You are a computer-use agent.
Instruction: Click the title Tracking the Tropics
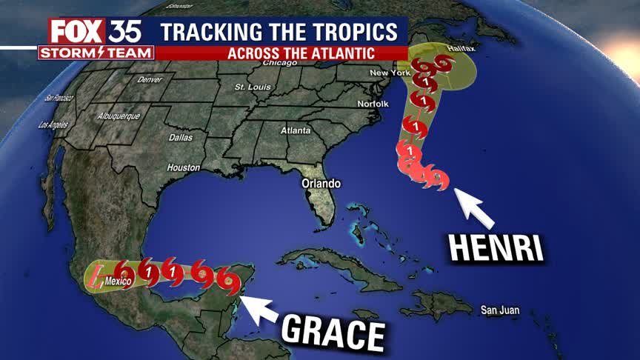click(284, 33)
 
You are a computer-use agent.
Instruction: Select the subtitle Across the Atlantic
click(300, 53)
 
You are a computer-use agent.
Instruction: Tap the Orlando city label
click(320, 182)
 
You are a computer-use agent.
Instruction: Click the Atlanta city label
click(295, 130)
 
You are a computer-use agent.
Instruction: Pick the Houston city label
click(184, 167)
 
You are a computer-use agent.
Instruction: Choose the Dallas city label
click(180, 138)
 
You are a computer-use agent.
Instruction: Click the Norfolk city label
click(373, 104)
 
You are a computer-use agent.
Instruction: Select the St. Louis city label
click(250, 87)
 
